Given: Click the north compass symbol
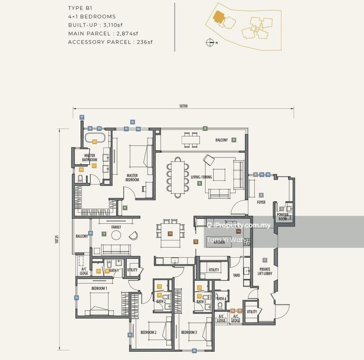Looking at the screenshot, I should pyautogui.click(x=210, y=42).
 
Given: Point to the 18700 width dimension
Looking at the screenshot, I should pyautogui.click(x=183, y=106).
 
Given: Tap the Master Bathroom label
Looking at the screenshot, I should pyautogui.click(x=90, y=157).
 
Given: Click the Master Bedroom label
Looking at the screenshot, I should pyautogui.click(x=132, y=177).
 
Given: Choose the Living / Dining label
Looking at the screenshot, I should pyautogui.click(x=199, y=177).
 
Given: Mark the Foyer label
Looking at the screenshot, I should pyautogui.click(x=261, y=202).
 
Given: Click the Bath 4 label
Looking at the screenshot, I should pyautogui.click(x=222, y=299).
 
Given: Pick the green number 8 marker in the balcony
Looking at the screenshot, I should pyautogui.click(x=234, y=140).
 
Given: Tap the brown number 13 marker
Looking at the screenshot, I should pyautogui.click(x=170, y=233).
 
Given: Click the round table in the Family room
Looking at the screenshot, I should pyautogui.click(x=116, y=235).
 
